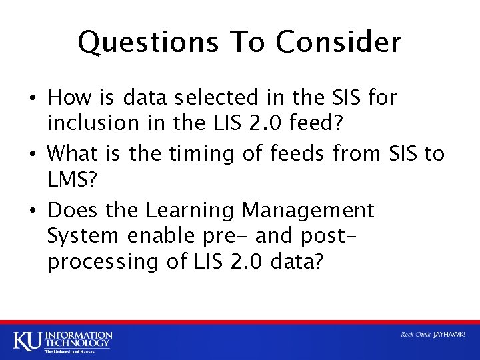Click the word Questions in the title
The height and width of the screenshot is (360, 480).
click(147, 43)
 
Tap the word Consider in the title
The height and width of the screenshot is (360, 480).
click(338, 43)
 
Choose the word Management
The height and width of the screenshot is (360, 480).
click(308, 211)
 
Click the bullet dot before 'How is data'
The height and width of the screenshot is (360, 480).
click(33, 99)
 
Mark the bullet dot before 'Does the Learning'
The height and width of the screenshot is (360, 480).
click(33, 211)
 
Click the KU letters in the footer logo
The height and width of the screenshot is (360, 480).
click(26, 339)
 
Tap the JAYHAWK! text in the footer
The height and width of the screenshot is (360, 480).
click(448, 335)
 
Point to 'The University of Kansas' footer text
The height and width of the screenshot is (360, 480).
click(69, 351)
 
